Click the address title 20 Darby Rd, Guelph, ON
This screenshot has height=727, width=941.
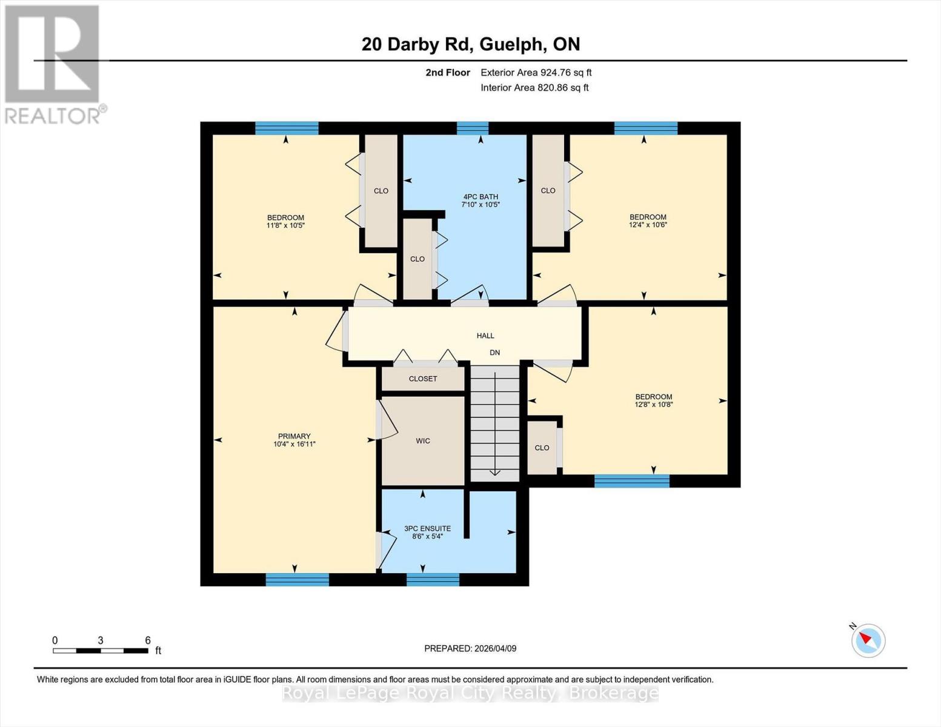[471, 44]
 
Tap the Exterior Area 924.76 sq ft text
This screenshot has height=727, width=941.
[536, 73]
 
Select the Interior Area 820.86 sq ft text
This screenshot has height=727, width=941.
[534, 88]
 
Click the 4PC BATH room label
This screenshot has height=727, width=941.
[480, 197]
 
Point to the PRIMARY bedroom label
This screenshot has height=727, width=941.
[294, 436]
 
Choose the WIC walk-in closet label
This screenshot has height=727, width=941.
[423, 441]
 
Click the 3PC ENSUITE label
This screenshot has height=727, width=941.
[427, 529]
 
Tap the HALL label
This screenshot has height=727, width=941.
[485, 336]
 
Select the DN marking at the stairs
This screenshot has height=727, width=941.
[494, 353]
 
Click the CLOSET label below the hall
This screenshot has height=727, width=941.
[423, 379]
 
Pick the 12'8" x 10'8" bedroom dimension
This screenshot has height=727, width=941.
[654, 405]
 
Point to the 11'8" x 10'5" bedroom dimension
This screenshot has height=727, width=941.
[285, 225]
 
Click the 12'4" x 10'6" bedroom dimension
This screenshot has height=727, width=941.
[648, 225]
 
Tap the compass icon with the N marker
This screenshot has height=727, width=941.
[868, 640]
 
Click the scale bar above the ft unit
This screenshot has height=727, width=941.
[101, 651]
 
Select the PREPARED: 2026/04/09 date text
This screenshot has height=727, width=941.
[470, 648]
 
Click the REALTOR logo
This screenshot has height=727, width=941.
[53, 64]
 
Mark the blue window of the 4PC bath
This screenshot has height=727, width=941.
[472, 128]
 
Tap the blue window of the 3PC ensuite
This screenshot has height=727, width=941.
[433, 580]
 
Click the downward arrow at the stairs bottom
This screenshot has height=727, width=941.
[495, 472]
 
